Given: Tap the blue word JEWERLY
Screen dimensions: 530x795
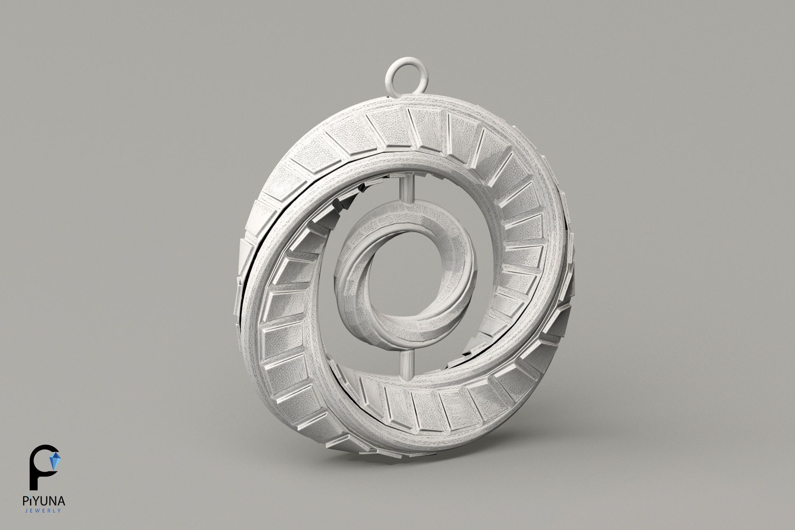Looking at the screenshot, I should click(x=42, y=511).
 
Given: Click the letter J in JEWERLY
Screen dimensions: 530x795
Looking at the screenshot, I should click(x=26, y=511).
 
